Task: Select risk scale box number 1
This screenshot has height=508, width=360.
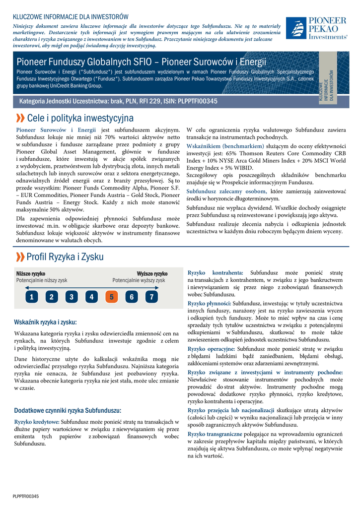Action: click(31, 297)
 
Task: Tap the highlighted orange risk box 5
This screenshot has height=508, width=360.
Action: click(111, 297)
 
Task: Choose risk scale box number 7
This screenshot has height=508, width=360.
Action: click(151, 297)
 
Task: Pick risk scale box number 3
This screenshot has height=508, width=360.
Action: click(71, 297)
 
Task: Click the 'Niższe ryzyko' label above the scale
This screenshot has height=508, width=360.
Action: click(31, 273)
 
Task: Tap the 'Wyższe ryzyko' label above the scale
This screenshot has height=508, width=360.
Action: click(152, 273)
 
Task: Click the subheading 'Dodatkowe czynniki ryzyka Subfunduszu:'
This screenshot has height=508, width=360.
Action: click(68, 410)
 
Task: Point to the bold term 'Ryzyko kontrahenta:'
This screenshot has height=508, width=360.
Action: click(216, 273)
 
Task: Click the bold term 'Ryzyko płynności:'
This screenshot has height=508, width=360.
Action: click(209, 303)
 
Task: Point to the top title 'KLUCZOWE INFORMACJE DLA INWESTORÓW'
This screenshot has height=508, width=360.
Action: click(71, 17)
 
